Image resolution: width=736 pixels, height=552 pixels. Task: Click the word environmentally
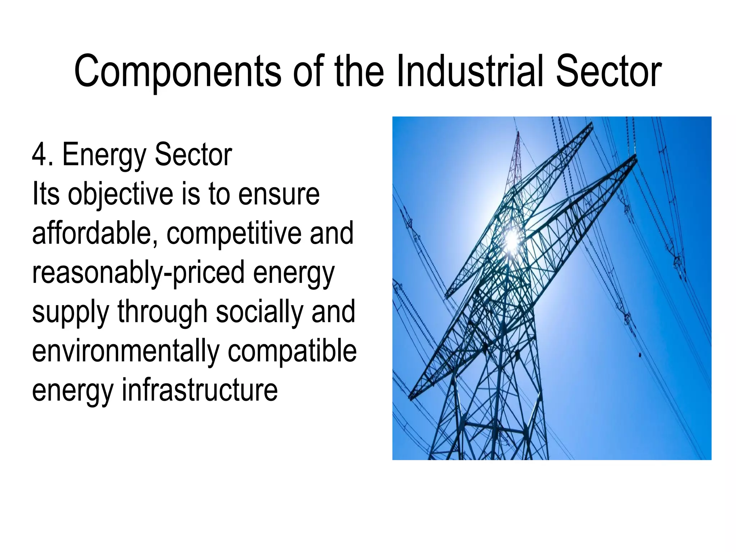click(126, 351)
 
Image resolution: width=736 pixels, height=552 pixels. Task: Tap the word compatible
click(292, 351)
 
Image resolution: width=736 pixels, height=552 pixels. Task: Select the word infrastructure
click(200, 390)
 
